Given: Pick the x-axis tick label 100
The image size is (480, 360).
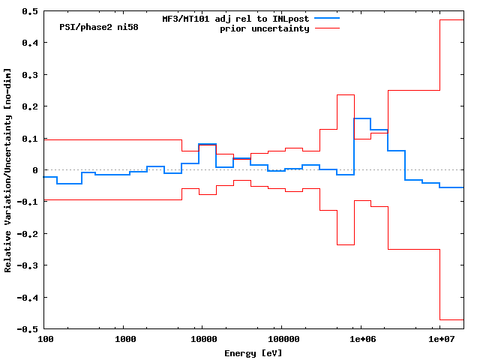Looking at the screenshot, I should click(x=45, y=340).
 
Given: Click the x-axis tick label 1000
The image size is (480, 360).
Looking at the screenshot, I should click(x=125, y=340).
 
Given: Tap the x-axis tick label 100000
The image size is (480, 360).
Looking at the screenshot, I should click(x=280, y=340).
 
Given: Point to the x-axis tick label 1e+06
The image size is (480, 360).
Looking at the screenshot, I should click(x=361, y=340).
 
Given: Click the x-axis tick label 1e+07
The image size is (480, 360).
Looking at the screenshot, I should click(x=440, y=340).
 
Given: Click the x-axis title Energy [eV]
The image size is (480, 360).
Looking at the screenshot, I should click(x=253, y=352).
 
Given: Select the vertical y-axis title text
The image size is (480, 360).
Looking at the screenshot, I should click(x=8, y=170).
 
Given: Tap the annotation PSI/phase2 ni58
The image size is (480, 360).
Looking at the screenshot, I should click(x=98, y=27).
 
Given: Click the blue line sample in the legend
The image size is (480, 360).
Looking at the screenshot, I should click(x=327, y=18).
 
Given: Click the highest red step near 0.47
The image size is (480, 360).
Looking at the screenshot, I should click(x=451, y=20).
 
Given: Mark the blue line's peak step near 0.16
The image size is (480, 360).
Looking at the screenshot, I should click(x=362, y=118).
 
